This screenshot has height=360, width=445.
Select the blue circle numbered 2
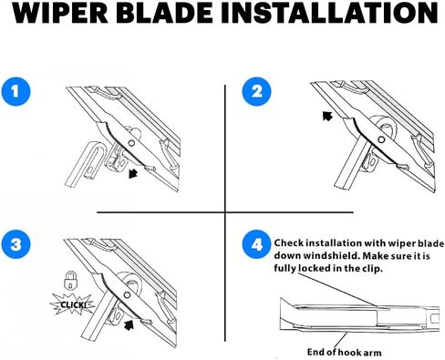click(255, 92)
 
